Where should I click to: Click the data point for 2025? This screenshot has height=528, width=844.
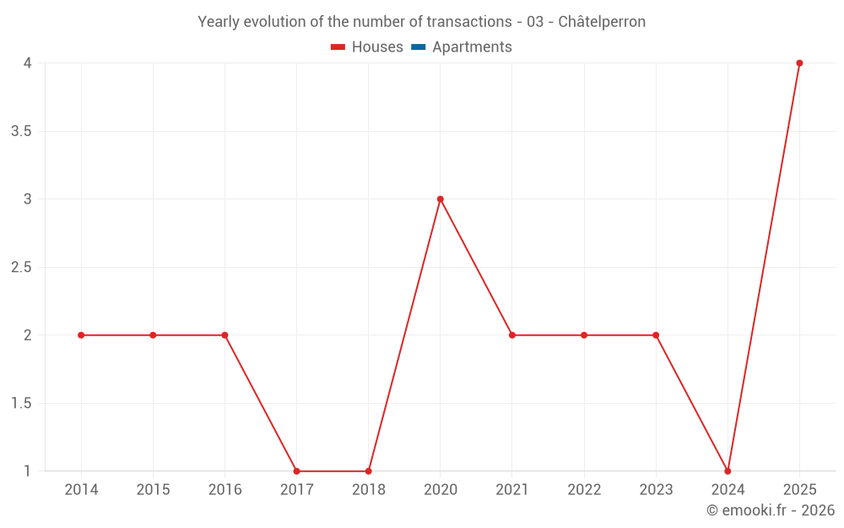pos(799,63)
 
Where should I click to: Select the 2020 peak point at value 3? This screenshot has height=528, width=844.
pos(441,199)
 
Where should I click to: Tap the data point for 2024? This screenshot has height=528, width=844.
pos(728,471)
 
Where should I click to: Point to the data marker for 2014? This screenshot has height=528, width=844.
pos(81,335)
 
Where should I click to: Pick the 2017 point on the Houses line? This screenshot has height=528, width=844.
pos(296,471)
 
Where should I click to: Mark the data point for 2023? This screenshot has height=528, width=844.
pos(656,335)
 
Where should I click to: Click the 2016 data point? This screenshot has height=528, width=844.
pos(225,335)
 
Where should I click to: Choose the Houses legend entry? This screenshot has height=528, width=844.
pos(367,46)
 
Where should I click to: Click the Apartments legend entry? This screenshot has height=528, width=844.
pos(462,46)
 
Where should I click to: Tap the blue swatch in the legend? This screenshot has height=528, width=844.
pos(419,46)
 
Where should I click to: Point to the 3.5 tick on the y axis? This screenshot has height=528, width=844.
pos(22,132)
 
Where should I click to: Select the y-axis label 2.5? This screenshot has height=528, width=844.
pos(22,267)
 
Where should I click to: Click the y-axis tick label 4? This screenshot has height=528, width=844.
pos(28,63)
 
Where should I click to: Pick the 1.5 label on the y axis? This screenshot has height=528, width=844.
pos(22,403)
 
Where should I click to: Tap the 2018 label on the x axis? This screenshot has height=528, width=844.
pos(369,489)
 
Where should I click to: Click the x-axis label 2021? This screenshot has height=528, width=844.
pos(512,489)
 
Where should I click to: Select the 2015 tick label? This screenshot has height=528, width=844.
pos(153,489)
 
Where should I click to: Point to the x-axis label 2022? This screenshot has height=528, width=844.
pos(584,489)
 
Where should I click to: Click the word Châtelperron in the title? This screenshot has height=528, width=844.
pos(602,22)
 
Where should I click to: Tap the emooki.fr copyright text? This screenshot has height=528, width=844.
pos(771,509)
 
